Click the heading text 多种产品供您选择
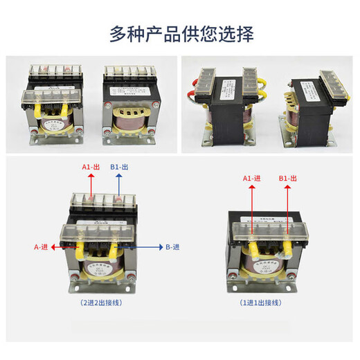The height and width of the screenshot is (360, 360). [181, 33]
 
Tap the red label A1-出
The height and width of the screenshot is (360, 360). [93, 167]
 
